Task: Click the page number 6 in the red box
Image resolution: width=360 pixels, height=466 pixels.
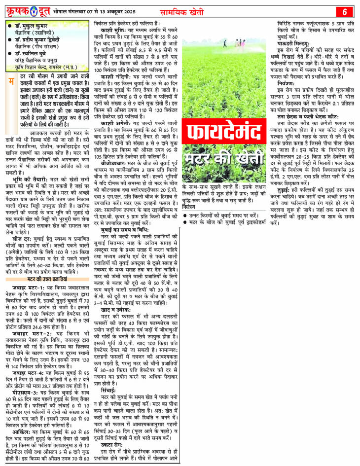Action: [345, 11]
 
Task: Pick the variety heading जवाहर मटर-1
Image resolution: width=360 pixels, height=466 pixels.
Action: [29, 287]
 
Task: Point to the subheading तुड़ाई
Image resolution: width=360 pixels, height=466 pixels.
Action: [288, 188]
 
